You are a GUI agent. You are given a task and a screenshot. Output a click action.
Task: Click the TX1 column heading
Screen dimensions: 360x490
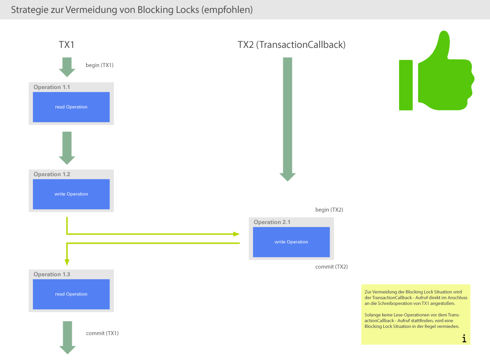click(x=67, y=45)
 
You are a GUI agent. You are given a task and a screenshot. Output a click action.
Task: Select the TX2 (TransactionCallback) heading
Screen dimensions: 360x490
click(x=291, y=45)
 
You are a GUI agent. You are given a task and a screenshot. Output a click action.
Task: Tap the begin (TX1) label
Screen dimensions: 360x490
click(x=100, y=65)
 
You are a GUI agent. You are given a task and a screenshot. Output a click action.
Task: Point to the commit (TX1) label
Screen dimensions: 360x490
click(x=102, y=333)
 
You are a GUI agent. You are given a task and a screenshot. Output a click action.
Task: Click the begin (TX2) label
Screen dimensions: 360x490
click(x=329, y=210)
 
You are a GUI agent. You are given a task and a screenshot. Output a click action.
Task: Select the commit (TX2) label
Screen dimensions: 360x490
click(x=331, y=267)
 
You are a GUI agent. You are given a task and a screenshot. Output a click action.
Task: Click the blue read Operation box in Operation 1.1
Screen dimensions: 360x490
click(x=71, y=107)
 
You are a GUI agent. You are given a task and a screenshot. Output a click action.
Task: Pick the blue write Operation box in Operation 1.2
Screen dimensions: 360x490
click(x=71, y=194)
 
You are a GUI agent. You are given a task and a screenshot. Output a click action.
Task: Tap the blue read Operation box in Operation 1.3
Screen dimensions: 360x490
click(x=71, y=294)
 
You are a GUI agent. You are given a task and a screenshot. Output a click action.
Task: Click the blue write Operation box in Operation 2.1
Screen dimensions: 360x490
click(x=291, y=242)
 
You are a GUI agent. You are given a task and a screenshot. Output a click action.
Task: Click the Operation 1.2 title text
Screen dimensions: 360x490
click(x=52, y=174)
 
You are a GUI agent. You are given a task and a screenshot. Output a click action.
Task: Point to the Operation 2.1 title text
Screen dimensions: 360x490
click(x=272, y=222)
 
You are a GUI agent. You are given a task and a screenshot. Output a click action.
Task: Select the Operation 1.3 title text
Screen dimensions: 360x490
click(x=52, y=274)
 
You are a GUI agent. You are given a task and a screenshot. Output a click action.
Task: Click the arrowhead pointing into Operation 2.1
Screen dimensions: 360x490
click(x=236, y=234)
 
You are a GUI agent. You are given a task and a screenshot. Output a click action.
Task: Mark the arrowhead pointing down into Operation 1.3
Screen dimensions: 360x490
click(x=67, y=262)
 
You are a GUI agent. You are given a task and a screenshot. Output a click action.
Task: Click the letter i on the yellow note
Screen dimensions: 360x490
click(x=464, y=338)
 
